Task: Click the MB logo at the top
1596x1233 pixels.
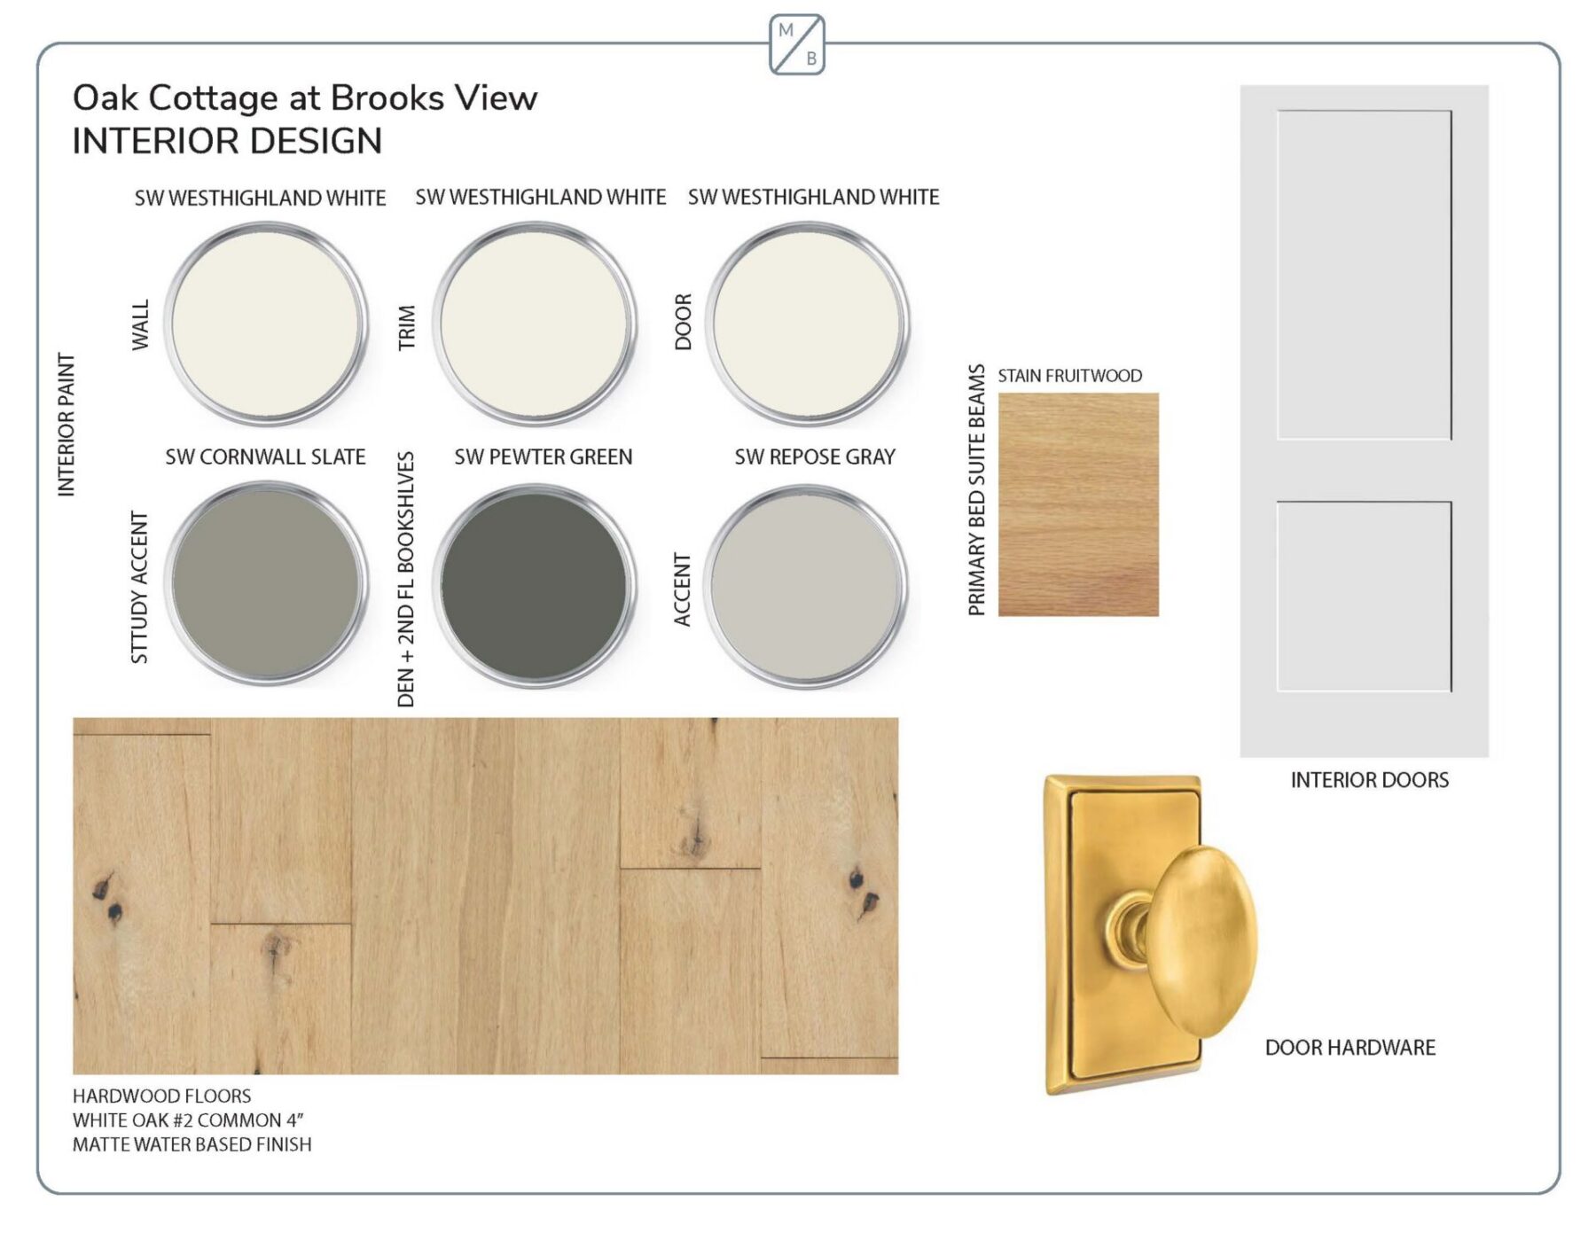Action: coord(796,44)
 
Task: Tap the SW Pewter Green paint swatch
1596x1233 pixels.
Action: coord(535,586)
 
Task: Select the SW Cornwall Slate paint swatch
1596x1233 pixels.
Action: coord(266,584)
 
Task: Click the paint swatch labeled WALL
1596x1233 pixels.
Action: coord(266,324)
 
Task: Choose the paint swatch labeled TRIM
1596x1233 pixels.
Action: coord(535,324)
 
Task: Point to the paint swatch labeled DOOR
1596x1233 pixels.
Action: coord(808,324)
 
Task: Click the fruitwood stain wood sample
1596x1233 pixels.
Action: coord(1078,504)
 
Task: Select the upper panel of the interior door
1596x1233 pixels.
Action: coord(1364,275)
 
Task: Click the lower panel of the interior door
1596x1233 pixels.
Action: coord(1364,597)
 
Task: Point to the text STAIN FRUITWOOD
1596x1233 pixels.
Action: coord(1070,376)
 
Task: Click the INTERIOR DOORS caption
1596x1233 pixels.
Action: coord(1369,780)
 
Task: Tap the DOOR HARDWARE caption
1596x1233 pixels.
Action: coord(1350,1048)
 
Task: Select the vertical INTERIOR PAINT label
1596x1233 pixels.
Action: coord(66,425)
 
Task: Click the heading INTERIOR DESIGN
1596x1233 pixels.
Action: coord(227,141)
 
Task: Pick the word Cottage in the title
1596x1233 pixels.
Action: coord(213,98)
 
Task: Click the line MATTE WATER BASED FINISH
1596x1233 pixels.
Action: coord(192,1144)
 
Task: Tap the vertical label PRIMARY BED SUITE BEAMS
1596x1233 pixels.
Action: coord(976,489)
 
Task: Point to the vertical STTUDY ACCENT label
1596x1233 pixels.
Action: coord(139,587)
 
